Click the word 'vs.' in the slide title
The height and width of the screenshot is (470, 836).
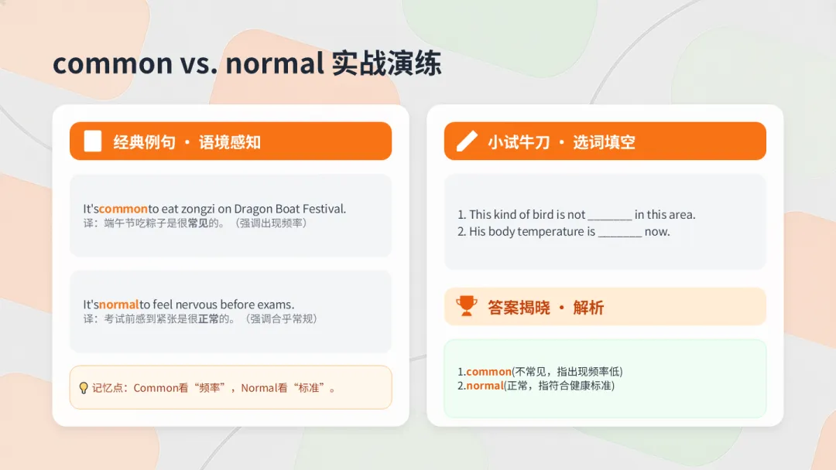coord(198,63)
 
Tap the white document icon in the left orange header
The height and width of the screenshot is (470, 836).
coord(93,141)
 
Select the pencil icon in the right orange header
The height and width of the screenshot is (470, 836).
coord(467,141)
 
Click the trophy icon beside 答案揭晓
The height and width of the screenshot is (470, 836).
coord(467,306)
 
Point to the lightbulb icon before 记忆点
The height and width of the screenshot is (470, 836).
coord(84,387)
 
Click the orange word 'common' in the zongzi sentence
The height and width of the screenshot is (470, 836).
coord(123,209)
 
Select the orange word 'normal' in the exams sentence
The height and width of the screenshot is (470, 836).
coord(118,305)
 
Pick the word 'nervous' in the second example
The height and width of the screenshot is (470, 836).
coord(197,305)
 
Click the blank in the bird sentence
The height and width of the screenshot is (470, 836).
coord(610,216)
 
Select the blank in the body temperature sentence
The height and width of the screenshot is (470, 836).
coord(620,233)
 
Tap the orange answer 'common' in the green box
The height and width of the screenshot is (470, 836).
coord(488,372)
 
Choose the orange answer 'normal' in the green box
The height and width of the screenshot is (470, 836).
coord(485,386)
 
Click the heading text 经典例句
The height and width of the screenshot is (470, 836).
coord(144,142)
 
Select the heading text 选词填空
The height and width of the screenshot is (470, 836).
coord(604,142)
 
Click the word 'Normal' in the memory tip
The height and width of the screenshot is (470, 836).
coord(259,388)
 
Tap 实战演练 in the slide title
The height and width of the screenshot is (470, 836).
coord(386,63)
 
